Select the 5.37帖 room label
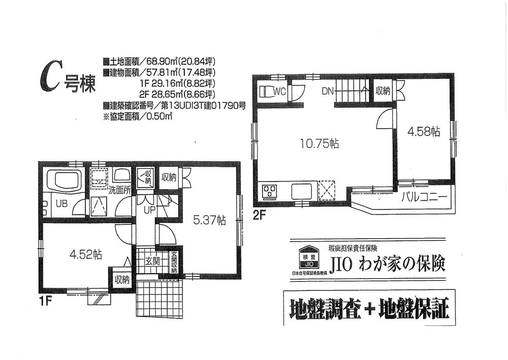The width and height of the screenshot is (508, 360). (209, 220)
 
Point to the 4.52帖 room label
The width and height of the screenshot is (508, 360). (85, 254)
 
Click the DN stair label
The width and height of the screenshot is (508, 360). (328, 92)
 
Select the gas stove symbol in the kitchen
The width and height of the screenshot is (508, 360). (269, 192)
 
